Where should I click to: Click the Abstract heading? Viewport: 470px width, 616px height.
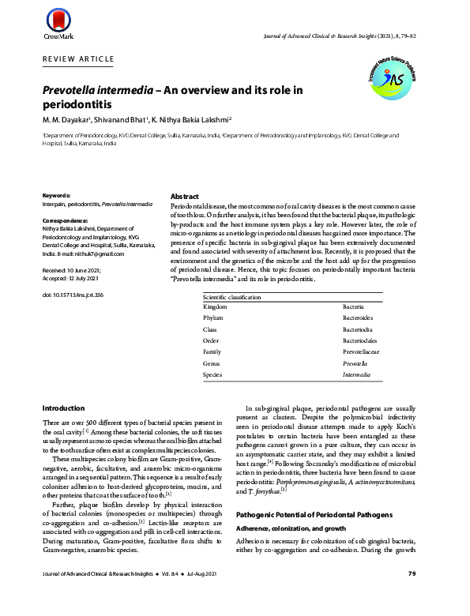(185, 196)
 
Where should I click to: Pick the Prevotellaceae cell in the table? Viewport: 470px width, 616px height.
(363, 351)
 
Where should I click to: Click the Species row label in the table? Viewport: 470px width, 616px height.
(212, 374)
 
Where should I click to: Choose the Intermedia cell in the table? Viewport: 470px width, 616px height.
(356, 374)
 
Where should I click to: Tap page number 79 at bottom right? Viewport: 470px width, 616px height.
(411, 595)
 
